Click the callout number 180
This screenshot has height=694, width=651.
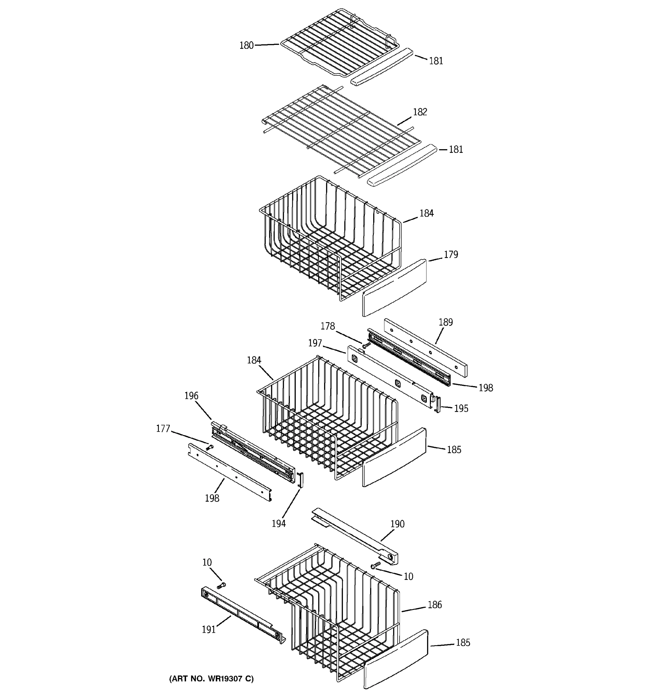click(x=246, y=46)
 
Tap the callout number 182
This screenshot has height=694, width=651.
click(x=420, y=112)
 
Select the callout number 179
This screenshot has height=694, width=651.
click(x=450, y=255)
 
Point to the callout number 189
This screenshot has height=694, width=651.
click(x=446, y=322)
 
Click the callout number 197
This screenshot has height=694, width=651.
click(x=315, y=344)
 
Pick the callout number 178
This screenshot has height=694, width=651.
click(x=328, y=326)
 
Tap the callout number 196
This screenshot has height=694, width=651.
click(x=191, y=396)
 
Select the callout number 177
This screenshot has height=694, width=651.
click(x=163, y=429)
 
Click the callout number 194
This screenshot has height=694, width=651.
click(x=278, y=524)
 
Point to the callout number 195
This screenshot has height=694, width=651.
click(x=461, y=408)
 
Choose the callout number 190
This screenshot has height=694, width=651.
click(x=397, y=524)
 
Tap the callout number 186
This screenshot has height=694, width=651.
click(x=435, y=605)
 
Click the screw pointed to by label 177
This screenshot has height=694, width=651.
click(x=209, y=447)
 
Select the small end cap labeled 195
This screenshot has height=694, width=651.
click(x=437, y=404)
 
